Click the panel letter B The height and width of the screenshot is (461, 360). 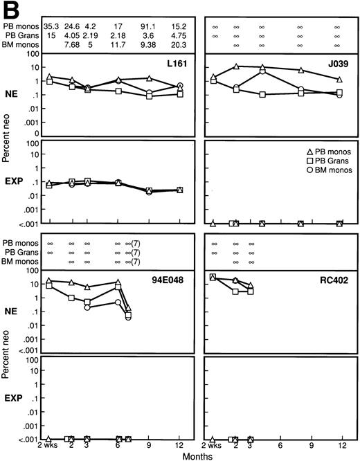(x=10, y=8)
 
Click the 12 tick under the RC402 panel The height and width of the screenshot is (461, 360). (x=341, y=446)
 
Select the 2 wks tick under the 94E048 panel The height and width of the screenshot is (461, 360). (x=48, y=446)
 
